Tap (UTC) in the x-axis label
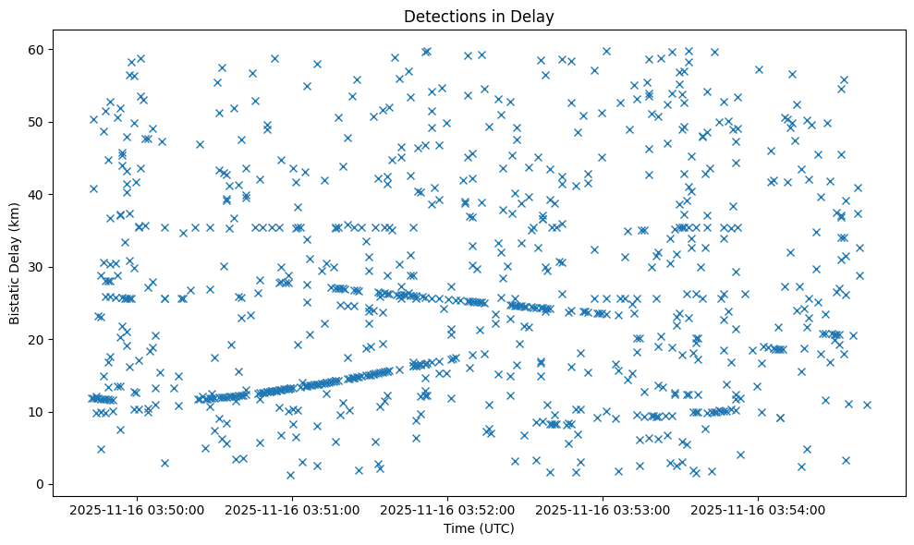coord(494,529)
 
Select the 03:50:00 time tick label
coord(138,509)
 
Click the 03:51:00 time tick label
coord(293,509)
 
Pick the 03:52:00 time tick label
coord(448,509)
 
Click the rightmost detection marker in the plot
coord(867,405)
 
